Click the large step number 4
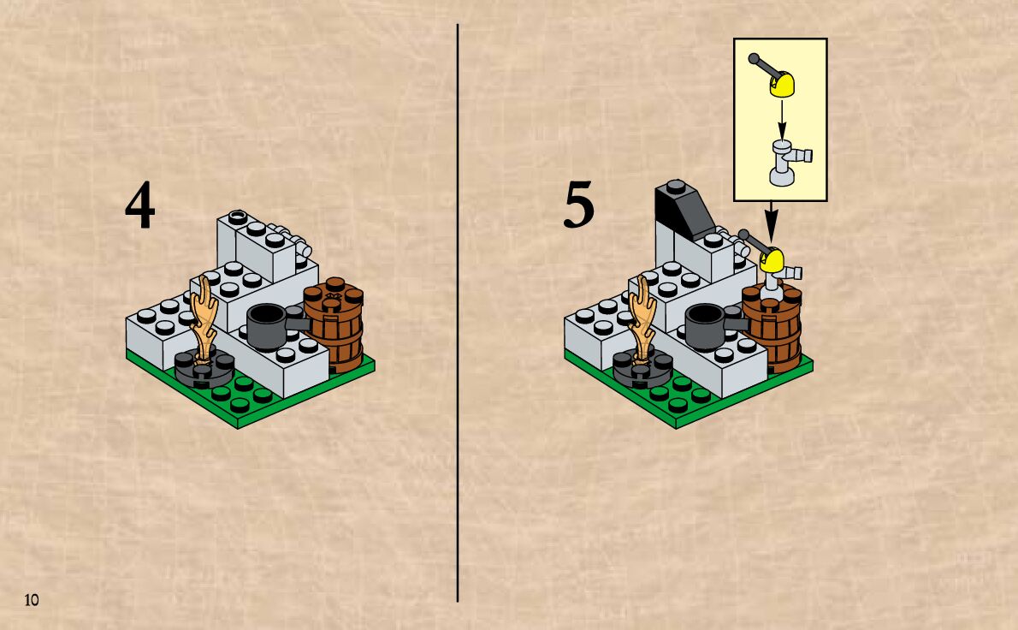pos(140,207)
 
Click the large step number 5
pos(578,207)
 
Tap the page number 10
pos(31,600)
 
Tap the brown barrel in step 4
pos(335,325)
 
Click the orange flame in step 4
pos(204,317)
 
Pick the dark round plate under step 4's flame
pos(204,369)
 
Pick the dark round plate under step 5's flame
pos(642,371)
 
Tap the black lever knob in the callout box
pos(754,59)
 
